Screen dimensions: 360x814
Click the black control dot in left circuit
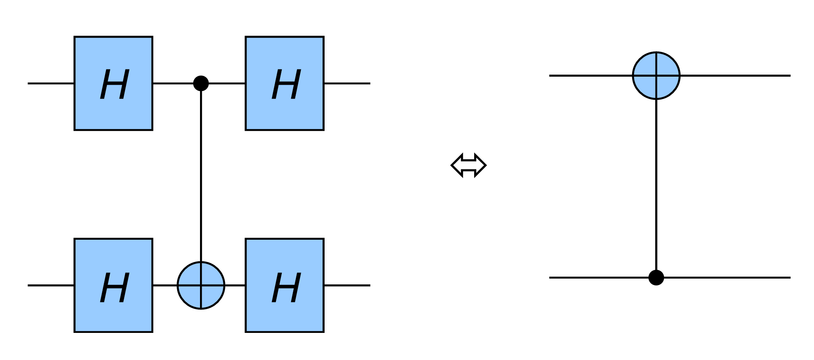(201, 83)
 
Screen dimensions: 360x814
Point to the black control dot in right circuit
(656, 278)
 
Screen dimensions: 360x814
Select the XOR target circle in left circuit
(201, 285)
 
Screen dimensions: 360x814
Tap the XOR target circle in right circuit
(656, 76)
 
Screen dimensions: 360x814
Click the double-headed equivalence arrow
(468, 165)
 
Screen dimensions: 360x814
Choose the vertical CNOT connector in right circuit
(656, 186)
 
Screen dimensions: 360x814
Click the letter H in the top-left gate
(114, 84)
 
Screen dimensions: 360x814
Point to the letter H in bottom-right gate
(286, 288)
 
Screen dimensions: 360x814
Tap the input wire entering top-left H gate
(51, 83)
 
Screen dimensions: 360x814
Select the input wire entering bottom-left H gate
(51, 285)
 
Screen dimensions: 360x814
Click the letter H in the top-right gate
(286, 84)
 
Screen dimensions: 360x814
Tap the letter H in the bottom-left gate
(114, 288)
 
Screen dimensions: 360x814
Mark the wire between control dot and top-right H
(227, 83)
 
